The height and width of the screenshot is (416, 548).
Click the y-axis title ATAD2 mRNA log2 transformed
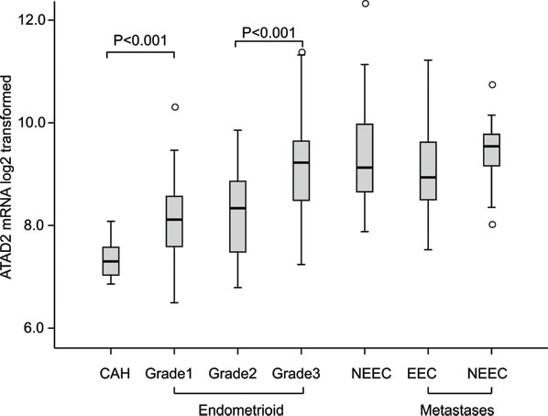point(10,174)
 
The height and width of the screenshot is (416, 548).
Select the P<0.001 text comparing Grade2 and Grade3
point(269,34)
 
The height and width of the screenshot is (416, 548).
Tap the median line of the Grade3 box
point(301,162)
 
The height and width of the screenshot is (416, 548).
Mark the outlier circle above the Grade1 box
point(173,107)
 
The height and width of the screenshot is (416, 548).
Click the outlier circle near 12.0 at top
point(365,4)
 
